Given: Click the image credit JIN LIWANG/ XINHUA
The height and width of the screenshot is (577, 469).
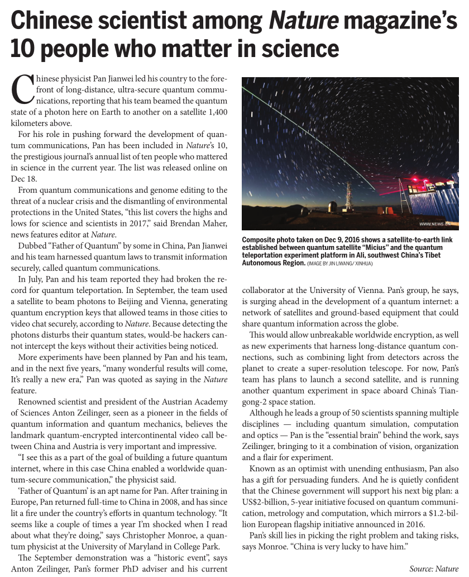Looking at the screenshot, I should (x=344, y=263).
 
